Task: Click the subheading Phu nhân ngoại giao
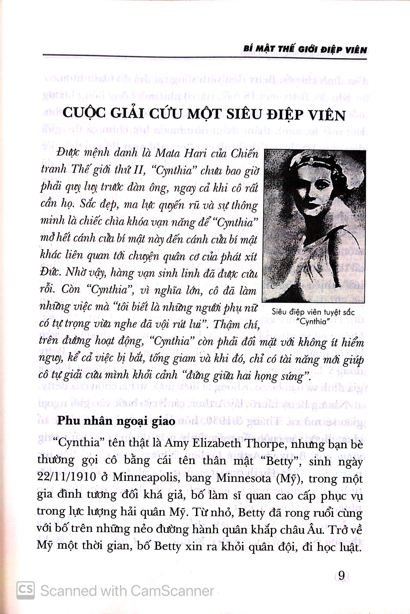116,421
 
